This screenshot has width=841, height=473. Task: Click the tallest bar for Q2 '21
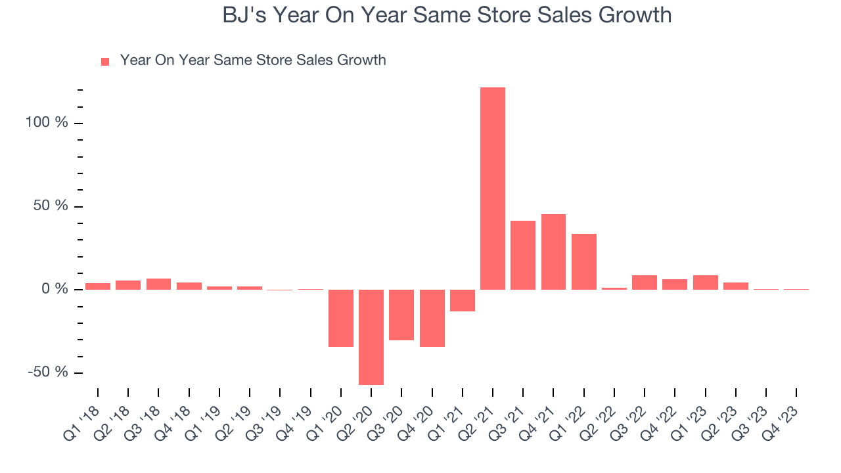493,189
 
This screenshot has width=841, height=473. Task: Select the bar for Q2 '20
371,337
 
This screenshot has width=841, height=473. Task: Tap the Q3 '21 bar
523,255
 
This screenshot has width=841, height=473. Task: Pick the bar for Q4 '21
553,252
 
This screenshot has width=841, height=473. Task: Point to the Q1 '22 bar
584,261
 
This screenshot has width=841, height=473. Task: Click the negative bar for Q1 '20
341,318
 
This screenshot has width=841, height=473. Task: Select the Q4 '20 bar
432,318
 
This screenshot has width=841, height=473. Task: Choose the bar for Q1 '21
463,300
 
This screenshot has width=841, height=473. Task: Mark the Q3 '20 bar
401,315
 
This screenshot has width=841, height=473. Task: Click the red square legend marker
105,62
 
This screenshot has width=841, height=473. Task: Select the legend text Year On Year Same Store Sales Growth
253,60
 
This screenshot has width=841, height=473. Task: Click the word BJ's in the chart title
244,15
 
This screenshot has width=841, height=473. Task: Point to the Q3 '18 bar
158,284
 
